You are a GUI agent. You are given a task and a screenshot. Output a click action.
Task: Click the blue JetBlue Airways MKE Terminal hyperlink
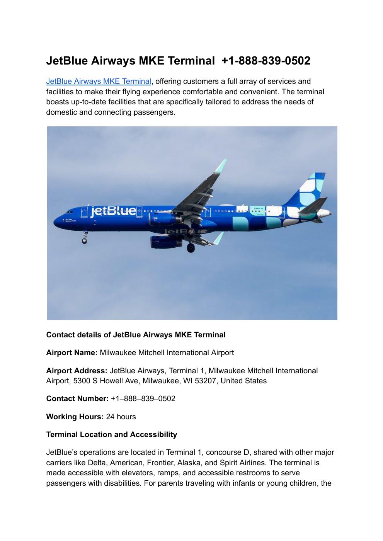click(98, 82)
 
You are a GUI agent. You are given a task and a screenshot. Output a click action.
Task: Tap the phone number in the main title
click(266, 61)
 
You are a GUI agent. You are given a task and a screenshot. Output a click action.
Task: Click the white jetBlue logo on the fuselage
click(113, 211)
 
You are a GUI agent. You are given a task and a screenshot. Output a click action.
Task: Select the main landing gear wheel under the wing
click(191, 248)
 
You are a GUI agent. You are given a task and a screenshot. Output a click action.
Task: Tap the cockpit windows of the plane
click(70, 212)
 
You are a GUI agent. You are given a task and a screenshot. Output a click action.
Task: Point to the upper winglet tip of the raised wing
click(221, 165)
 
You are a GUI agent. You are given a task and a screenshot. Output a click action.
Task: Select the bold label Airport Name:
click(72, 352)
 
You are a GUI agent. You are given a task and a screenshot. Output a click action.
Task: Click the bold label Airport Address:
click(77, 371)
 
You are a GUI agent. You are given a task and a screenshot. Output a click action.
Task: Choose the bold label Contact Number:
click(77, 398)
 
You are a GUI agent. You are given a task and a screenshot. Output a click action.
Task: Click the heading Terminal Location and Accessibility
click(111, 434)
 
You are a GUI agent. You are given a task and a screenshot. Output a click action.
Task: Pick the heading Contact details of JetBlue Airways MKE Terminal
click(136, 335)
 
